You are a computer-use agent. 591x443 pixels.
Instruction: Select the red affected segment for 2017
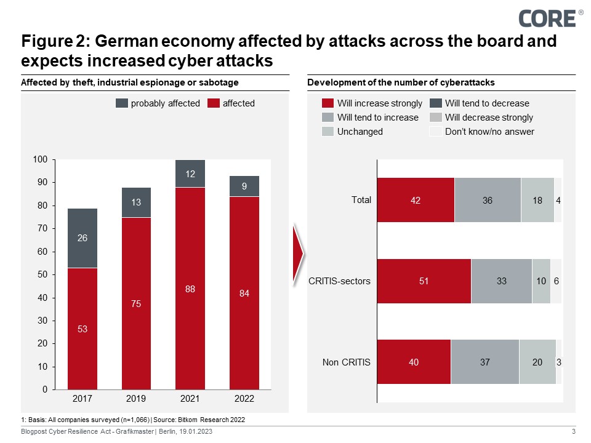[x=82, y=329]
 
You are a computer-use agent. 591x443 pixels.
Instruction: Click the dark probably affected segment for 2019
[x=136, y=202]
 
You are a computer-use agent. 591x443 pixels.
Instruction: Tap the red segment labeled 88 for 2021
[x=190, y=289]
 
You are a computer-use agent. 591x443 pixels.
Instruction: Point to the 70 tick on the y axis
[x=41, y=229]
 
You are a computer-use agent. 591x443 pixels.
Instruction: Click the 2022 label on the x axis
[x=244, y=399]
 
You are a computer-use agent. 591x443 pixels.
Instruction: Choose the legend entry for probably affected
[x=158, y=103]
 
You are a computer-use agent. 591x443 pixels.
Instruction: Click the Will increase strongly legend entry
[x=372, y=103]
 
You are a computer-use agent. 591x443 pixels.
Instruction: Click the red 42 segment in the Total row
[x=416, y=200]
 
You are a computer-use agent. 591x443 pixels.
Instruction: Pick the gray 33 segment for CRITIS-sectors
[x=501, y=281]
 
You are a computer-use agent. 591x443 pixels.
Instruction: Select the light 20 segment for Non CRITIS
[x=537, y=362]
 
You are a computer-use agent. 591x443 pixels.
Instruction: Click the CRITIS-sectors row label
[x=340, y=281]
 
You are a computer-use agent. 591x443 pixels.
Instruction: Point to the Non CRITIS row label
[x=347, y=362]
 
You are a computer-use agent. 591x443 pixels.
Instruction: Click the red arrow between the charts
[x=299, y=250]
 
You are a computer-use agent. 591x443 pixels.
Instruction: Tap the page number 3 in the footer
[x=573, y=433]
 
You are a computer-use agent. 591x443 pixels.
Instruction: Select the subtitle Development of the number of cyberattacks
[x=401, y=82]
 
